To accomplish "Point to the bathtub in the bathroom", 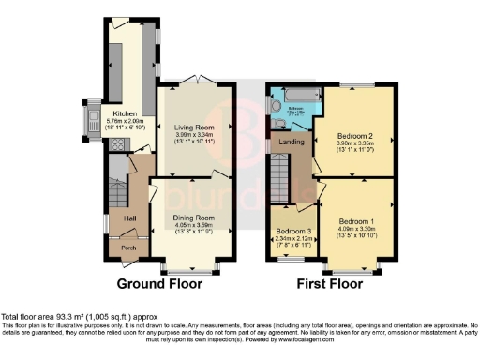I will (x=293, y=97).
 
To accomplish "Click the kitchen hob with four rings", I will (x=117, y=145).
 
